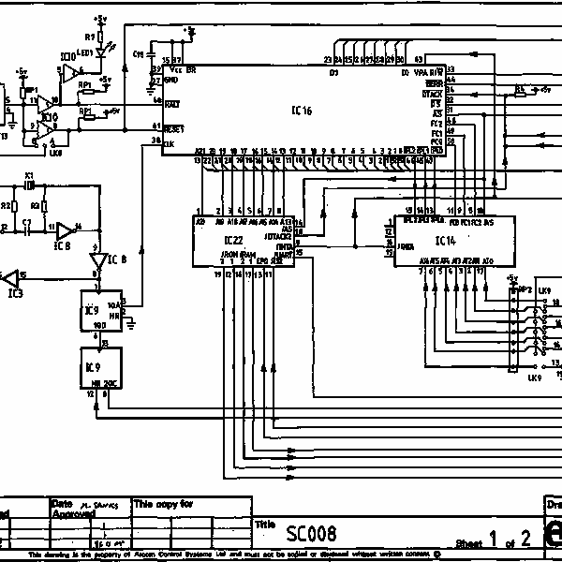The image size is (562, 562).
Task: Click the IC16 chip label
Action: click(302, 111)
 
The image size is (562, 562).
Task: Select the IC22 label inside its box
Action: click(233, 242)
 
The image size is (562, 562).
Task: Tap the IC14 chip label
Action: click(445, 241)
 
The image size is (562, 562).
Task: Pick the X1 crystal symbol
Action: click(30, 185)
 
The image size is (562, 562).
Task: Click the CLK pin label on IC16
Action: click(169, 143)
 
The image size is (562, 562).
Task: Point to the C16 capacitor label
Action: click(140, 53)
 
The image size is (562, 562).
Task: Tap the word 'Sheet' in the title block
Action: click(468, 542)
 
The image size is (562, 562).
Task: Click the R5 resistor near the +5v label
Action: click(520, 90)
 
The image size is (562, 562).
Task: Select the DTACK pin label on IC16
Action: click(432, 95)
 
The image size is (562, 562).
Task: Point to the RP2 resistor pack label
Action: click(526, 290)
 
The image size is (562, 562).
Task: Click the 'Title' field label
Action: click(266, 525)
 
